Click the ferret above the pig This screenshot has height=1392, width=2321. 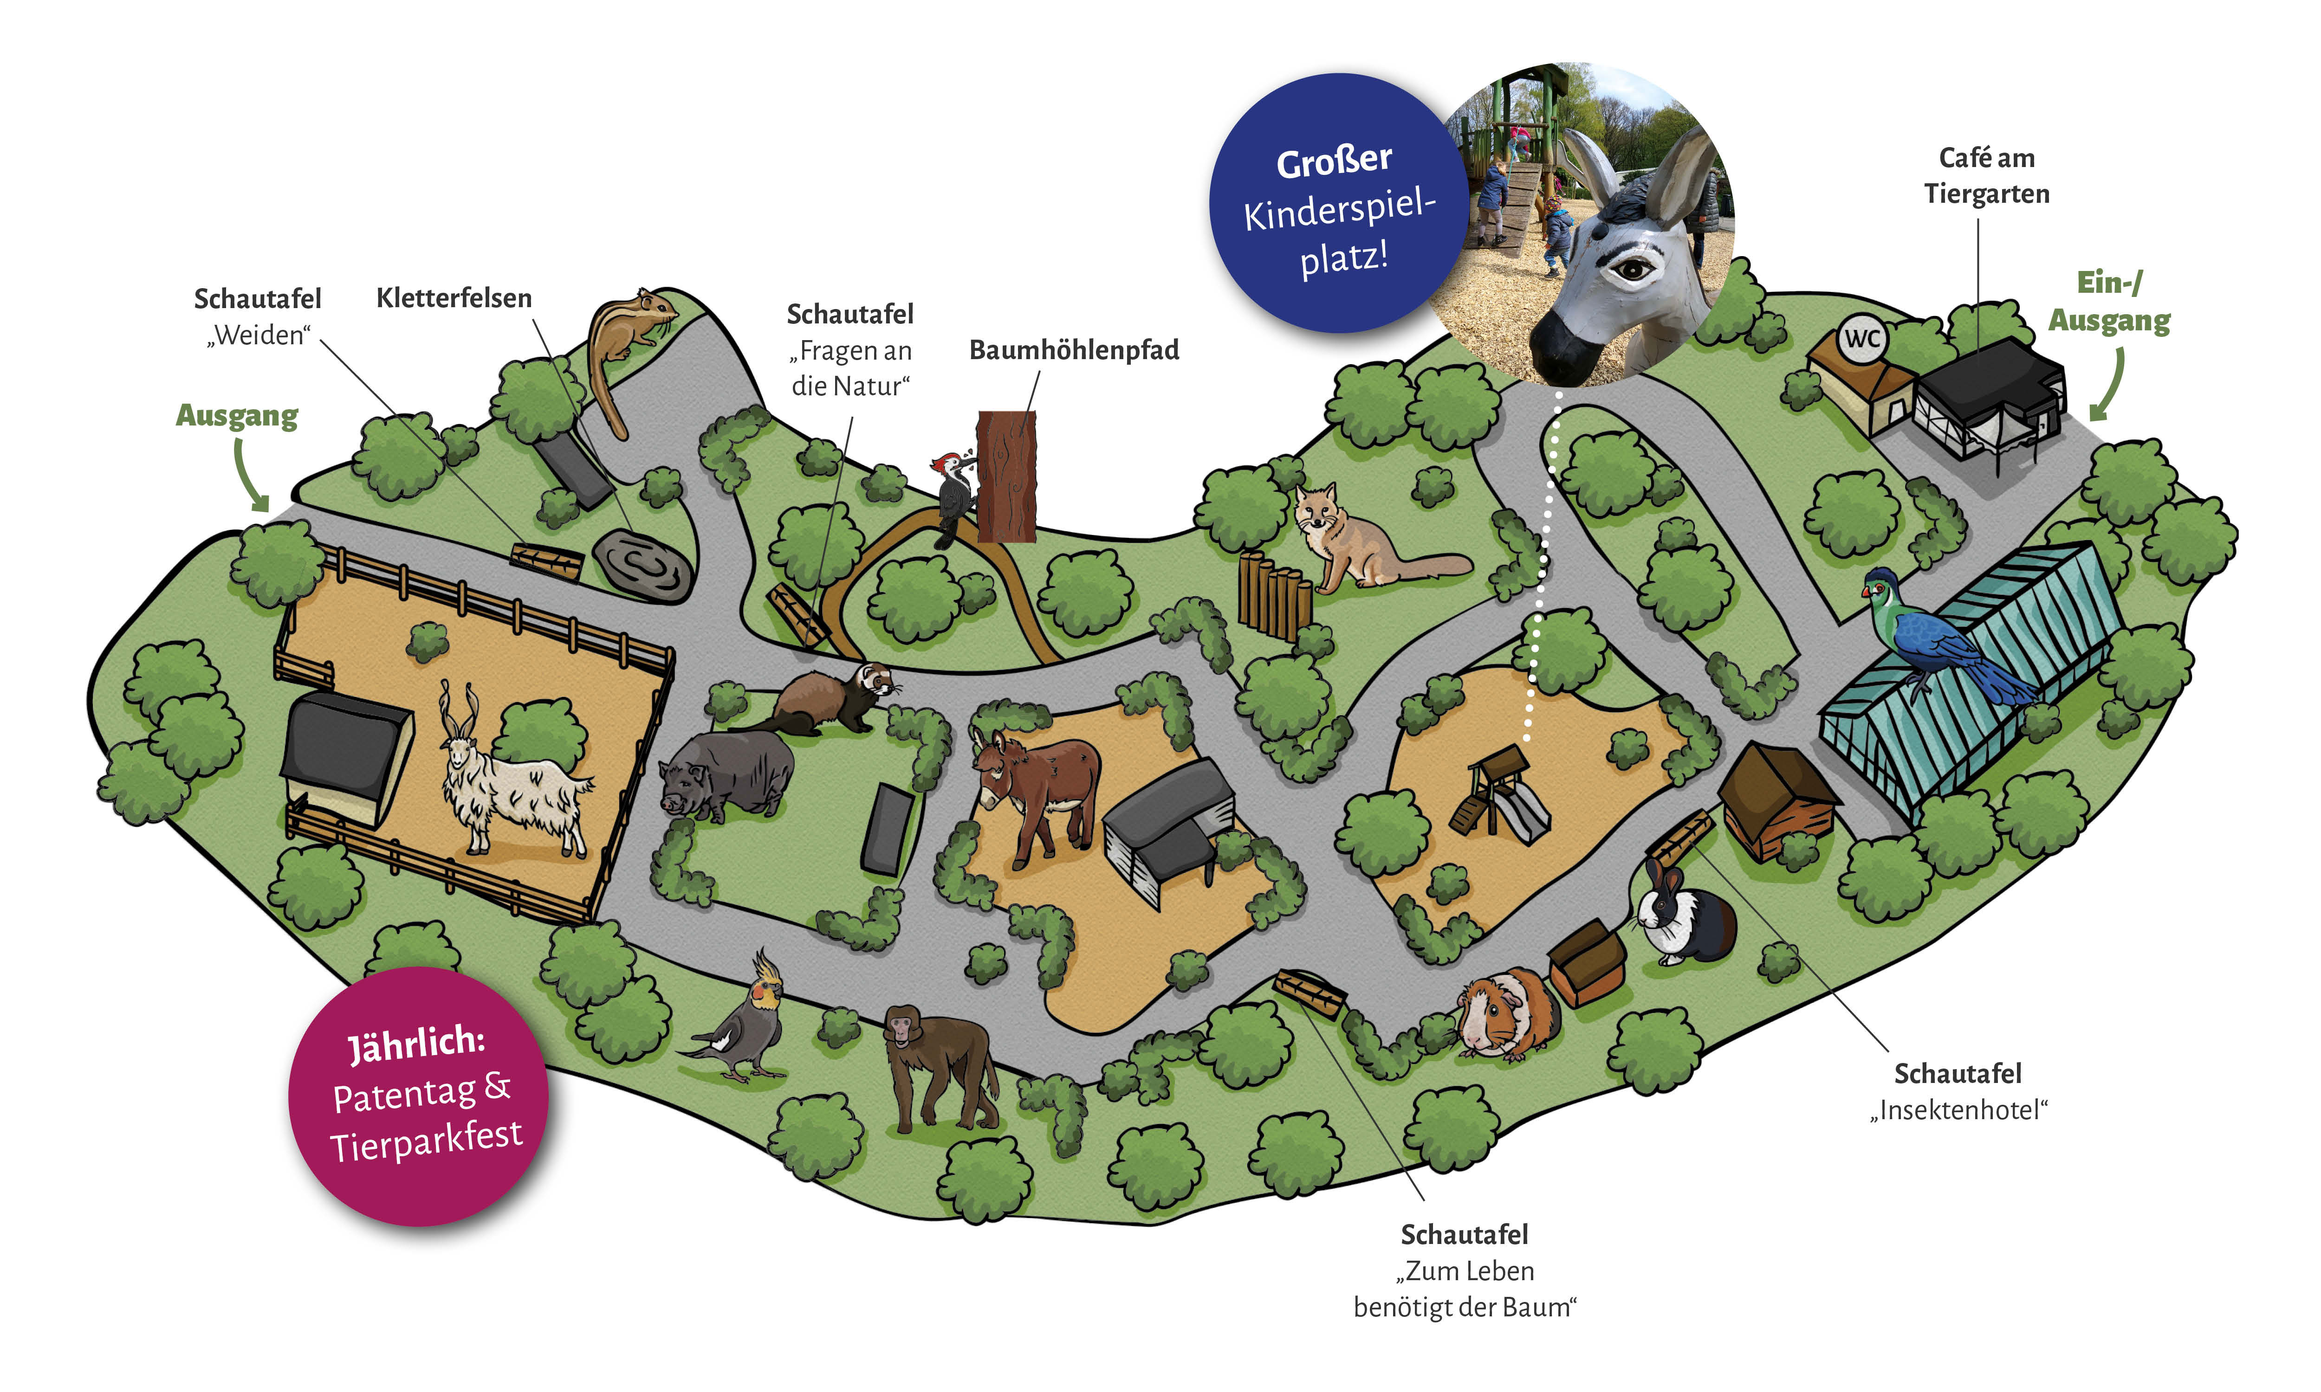click(830, 699)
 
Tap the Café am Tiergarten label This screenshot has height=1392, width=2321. click(1986, 175)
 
